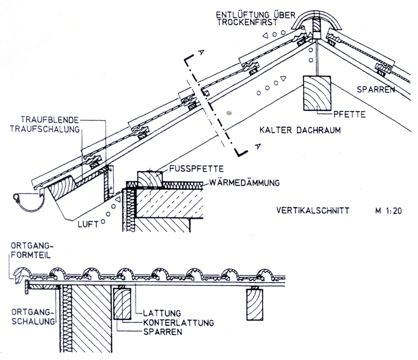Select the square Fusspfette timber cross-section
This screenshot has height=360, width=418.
[x=150, y=179]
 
